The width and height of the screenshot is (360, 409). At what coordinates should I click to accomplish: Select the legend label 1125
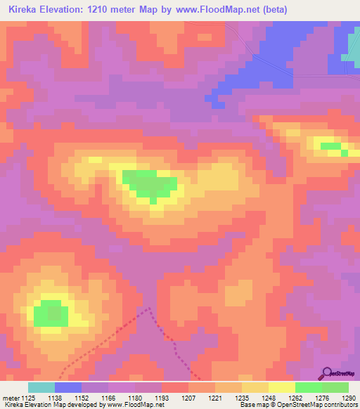tap(27, 398)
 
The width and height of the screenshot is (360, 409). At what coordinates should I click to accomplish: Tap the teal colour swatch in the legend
tap(41, 387)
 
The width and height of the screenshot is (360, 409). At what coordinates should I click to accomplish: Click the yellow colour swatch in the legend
tap(281, 387)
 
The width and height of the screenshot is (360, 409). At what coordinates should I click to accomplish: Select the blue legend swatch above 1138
tap(68, 387)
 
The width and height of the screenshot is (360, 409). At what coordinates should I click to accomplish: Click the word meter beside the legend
tap(10, 398)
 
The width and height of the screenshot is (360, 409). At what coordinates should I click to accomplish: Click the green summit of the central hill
tap(148, 183)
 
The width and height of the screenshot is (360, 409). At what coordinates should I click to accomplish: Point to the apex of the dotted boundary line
tap(148, 308)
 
